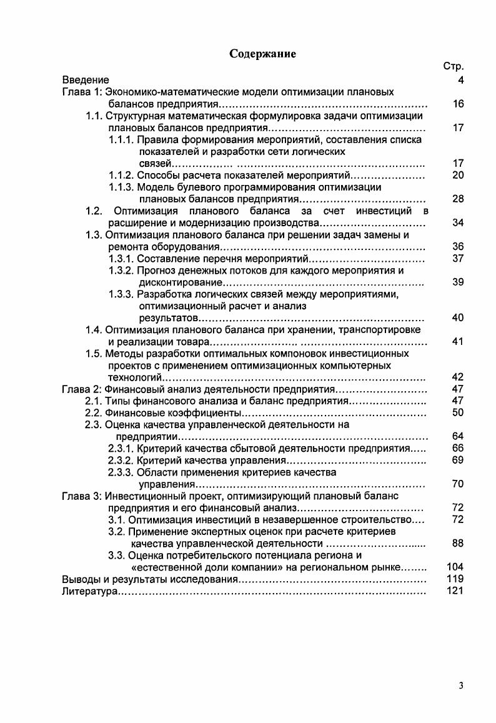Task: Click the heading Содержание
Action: click(262, 54)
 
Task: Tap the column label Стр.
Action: click(454, 67)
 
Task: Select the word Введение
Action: click(86, 80)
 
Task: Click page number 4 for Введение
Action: click(461, 80)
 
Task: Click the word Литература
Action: click(89, 591)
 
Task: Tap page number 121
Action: click(456, 591)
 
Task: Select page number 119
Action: click(456, 579)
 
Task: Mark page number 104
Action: click(456, 567)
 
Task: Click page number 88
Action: click(458, 544)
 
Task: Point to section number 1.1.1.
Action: click(121, 140)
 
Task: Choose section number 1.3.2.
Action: click(121, 271)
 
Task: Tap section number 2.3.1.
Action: click(121, 449)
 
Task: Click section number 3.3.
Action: click(117, 556)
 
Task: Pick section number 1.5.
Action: click(94, 354)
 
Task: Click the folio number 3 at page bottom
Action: click(461, 686)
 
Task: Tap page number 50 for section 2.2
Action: click(458, 412)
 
